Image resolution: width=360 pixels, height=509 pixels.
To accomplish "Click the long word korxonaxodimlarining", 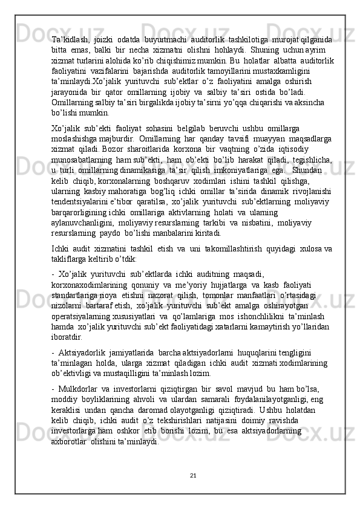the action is tap(98, 285).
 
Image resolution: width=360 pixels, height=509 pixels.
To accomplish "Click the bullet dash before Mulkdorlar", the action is tap(53, 395).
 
